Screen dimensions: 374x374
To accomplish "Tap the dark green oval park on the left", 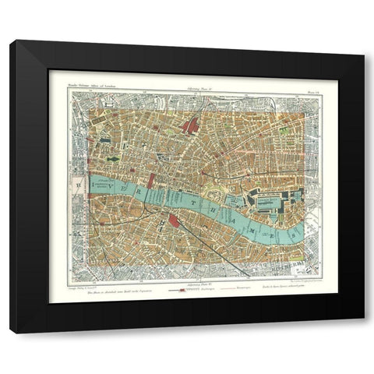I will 115,160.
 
